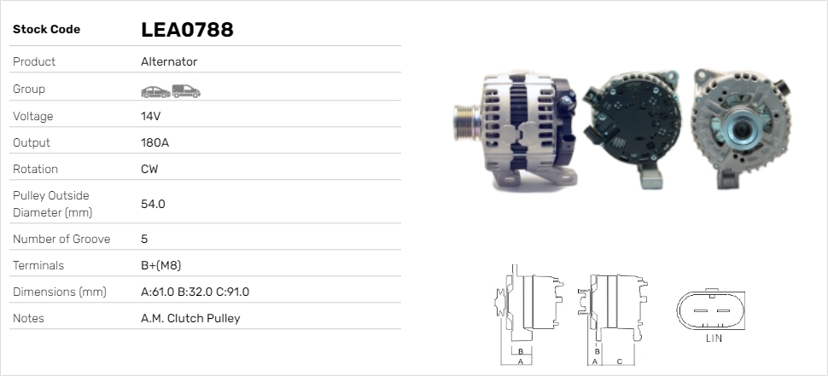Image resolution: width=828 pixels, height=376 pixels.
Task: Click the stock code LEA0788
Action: (x=187, y=30)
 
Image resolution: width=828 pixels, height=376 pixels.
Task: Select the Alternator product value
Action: (x=169, y=61)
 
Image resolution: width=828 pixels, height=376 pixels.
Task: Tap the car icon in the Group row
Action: (x=155, y=92)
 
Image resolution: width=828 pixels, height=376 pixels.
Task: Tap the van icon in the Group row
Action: (x=186, y=91)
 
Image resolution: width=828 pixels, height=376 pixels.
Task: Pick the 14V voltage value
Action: (x=150, y=116)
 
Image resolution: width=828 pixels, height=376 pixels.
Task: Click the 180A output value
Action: (x=155, y=142)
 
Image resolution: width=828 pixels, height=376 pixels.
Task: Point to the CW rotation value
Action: (x=149, y=169)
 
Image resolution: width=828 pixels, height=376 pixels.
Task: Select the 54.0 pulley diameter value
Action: (x=153, y=204)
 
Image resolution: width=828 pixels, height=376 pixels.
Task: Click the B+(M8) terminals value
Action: (x=161, y=265)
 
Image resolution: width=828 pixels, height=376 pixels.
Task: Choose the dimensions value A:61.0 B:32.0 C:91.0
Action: (x=195, y=292)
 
